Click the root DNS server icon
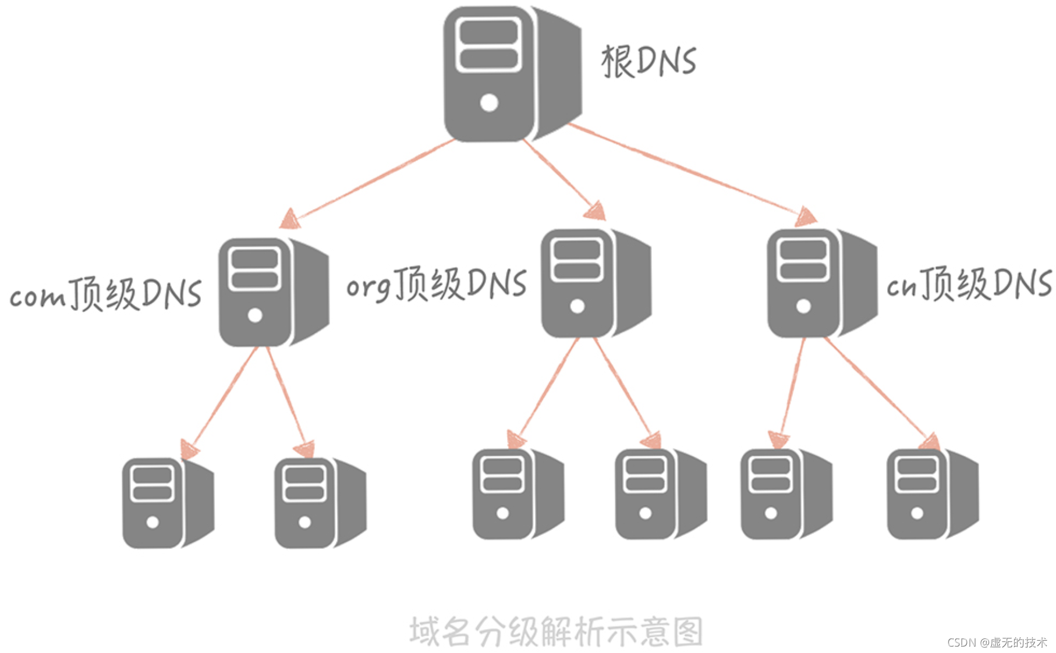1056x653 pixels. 511,74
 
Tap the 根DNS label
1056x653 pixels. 648,61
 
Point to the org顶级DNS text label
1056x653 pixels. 437,284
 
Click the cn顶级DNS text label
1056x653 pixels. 969,284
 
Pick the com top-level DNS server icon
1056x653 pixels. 272,292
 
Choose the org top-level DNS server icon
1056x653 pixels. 595,283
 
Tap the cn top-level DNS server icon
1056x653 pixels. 821,283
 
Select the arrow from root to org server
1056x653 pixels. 562,178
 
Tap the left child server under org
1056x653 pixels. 518,494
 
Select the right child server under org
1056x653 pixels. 660,494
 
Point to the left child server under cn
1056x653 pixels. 786,494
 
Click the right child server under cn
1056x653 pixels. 932,494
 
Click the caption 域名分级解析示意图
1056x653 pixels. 556,631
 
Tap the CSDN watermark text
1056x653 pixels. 997,643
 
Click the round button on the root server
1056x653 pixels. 489,103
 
